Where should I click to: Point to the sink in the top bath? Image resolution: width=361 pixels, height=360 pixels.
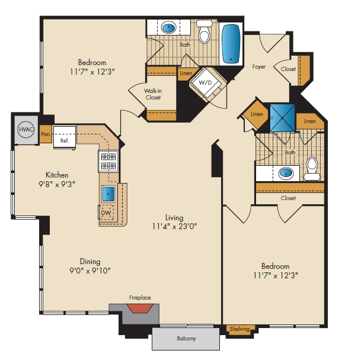pyautogui.click(x=170, y=27)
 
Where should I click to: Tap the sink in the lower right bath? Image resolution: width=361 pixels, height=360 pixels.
pyautogui.click(x=286, y=173)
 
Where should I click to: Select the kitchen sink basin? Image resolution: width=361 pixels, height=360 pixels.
pyautogui.click(x=108, y=194)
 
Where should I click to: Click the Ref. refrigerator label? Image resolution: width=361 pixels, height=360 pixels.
pyautogui.click(x=65, y=142)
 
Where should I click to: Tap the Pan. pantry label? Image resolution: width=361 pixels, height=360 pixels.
pyautogui.click(x=46, y=134)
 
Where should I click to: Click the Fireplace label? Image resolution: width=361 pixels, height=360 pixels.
pyautogui.click(x=140, y=298)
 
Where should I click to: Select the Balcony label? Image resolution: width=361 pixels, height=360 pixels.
pyautogui.click(x=186, y=339)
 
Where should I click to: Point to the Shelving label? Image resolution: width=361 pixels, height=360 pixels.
pyautogui.click(x=240, y=329)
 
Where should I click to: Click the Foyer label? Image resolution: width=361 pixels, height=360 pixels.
pyautogui.click(x=258, y=67)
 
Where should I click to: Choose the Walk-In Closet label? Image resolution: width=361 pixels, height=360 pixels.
pyautogui.click(x=153, y=94)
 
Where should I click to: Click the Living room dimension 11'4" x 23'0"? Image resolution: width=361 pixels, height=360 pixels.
pyautogui.click(x=174, y=226)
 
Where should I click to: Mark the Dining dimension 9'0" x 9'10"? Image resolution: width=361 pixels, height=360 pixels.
pyautogui.click(x=91, y=270)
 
